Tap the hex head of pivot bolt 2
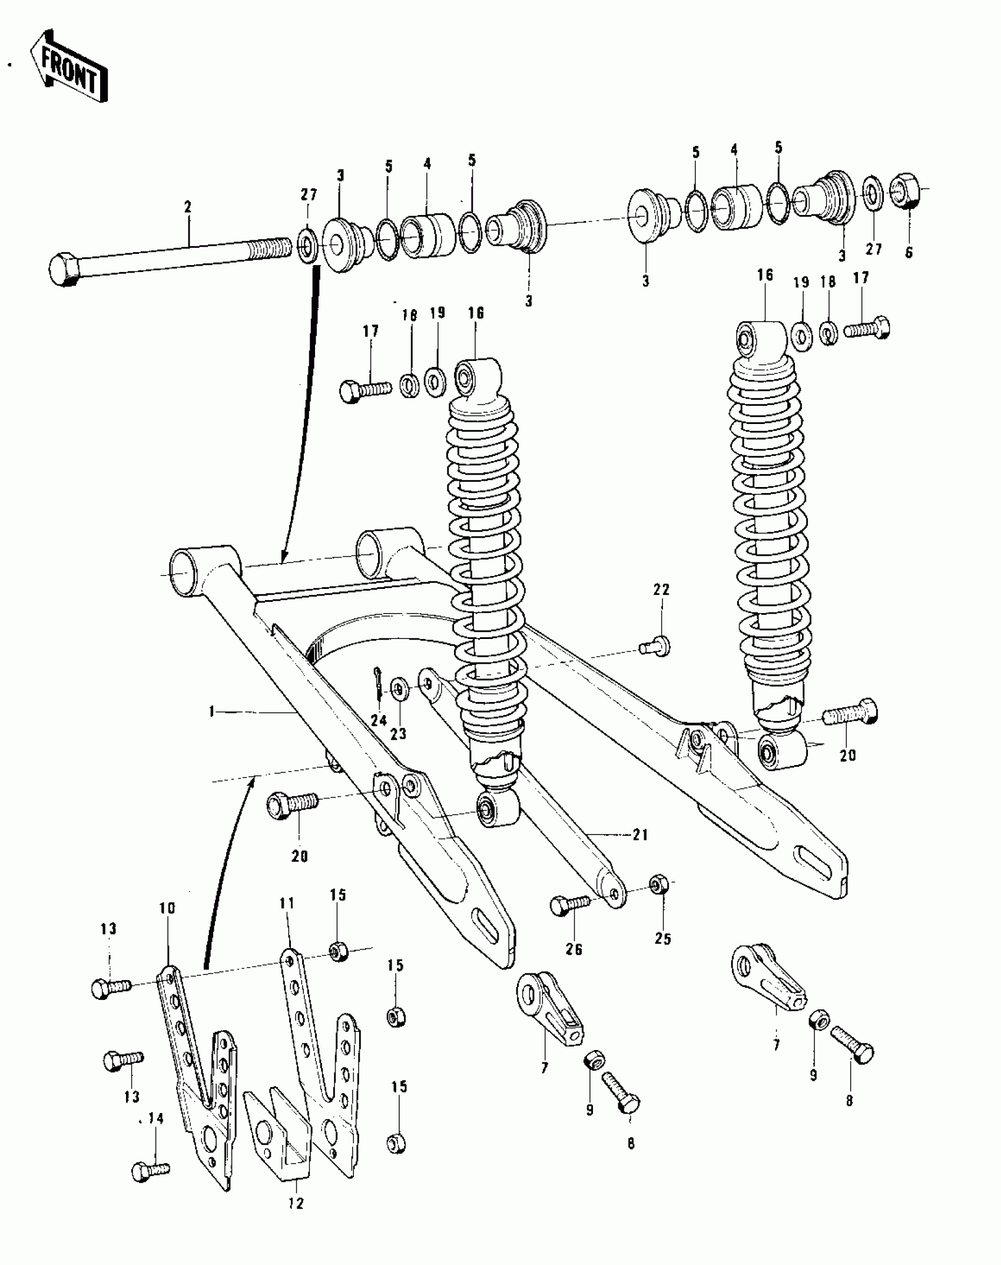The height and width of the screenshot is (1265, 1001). tap(64, 270)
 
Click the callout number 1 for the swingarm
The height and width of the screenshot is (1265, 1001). tap(211, 712)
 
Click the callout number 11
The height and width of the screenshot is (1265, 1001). tap(287, 903)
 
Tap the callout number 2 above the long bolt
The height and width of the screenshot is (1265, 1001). tap(187, 207)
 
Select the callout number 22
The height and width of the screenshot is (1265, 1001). tap(661, 590)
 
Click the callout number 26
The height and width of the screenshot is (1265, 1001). tap(574, 949)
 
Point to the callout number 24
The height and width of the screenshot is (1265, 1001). tap(379, 720)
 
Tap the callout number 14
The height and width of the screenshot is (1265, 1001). tap(155, 1119)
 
